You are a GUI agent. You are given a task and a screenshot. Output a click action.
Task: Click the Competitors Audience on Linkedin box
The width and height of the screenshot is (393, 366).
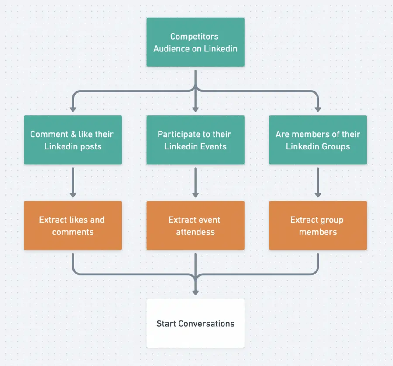coord(195,42)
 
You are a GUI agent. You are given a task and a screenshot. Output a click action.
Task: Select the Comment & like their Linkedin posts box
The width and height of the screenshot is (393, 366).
coord(73,140)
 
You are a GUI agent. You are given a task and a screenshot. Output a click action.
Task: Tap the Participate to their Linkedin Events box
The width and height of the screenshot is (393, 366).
coord(195,140)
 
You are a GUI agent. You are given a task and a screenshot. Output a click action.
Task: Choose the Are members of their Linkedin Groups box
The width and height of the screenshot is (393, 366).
coord(318,140)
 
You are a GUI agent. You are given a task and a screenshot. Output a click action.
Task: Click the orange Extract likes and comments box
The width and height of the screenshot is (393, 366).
coord(73,226)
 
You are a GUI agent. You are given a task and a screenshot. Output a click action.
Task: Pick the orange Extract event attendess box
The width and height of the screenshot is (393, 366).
coord(195,226)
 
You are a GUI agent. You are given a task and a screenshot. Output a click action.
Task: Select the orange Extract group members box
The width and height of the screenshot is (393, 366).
coord(318,226)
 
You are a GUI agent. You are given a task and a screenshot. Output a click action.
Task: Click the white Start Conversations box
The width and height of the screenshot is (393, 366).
coord(195,323)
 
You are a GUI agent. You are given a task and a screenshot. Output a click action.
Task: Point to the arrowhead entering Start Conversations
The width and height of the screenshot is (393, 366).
coord(195,291)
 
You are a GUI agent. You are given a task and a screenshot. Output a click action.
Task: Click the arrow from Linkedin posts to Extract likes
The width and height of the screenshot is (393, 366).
coord(73,182)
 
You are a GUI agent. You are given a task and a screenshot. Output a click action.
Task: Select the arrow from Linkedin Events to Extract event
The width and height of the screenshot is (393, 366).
coord(195,182)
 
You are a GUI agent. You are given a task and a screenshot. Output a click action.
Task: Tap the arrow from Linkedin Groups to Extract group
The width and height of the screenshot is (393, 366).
coord(318,182)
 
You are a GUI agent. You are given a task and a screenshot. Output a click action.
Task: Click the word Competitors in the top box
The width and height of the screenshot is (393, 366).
coord(194,37)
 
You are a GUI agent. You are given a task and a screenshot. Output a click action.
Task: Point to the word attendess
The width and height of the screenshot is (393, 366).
coord(195,232)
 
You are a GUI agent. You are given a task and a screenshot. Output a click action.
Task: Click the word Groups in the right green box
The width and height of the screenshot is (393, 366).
coord(335,146)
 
